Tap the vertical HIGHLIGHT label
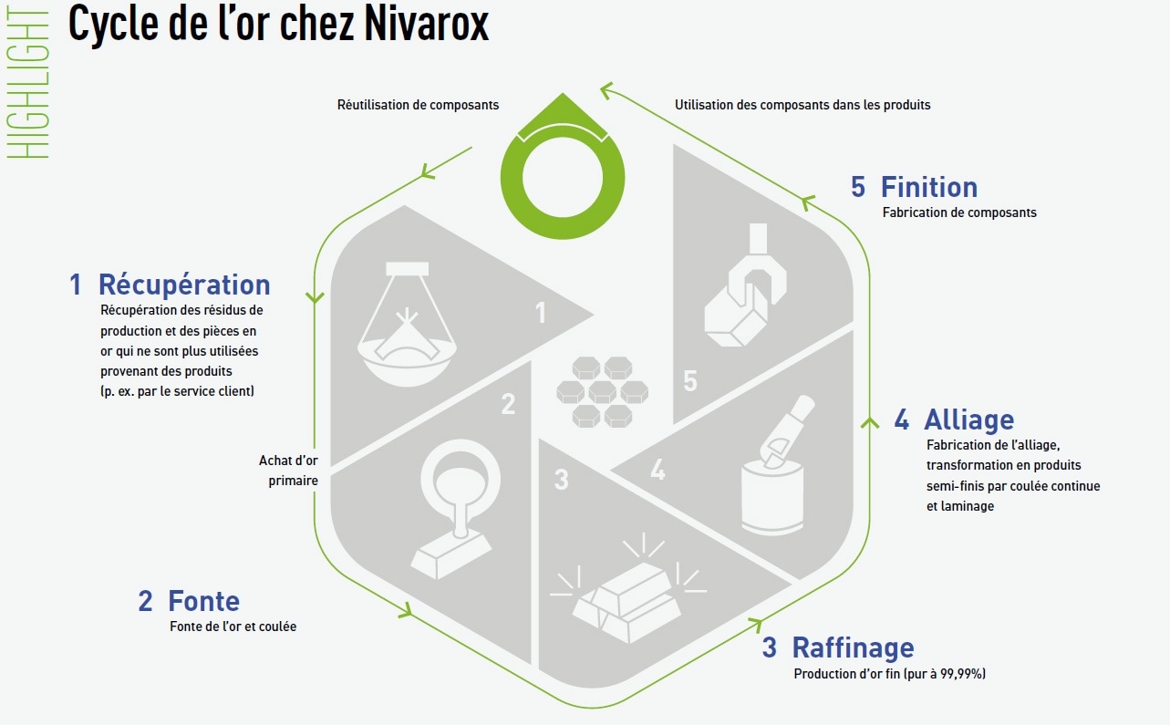pyautogui.click(x=34, y=82)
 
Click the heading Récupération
pyautogui.click(x=183, y=285)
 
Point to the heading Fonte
pyautogui.click(x=203, y=601)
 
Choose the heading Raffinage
pyautogui.click(x=853, y=647)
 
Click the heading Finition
pyautogui.click(x=928, y=187)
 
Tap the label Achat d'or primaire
pyautogui.click(x=288, y=471)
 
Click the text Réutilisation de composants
pyautogui.click(x=419, y=105)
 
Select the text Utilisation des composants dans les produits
pyautogui.click(x=802, y=105)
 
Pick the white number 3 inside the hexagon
pyautogui.click(x=562, y=479)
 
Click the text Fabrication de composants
pyautogui.click(x=959, y=213)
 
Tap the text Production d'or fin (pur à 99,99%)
pyautogui.click(x=889, y=675)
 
